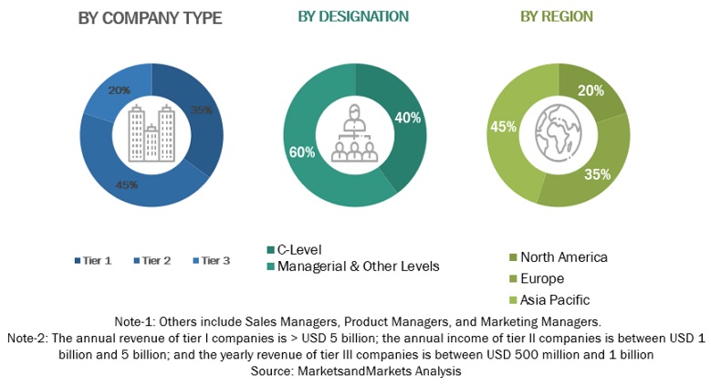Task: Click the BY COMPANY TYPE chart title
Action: (150, 17)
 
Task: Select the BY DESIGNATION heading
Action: (353, 16)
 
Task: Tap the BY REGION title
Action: (556, 16)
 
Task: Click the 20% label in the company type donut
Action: (120, 90)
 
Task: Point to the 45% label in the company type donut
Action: (126, 185)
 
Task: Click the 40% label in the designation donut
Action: (408, 117)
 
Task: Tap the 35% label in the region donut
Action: (598, 174)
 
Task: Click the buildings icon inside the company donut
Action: (151, 135)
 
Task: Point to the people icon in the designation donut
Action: (353, 135)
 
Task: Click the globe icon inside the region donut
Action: (559, 133)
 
